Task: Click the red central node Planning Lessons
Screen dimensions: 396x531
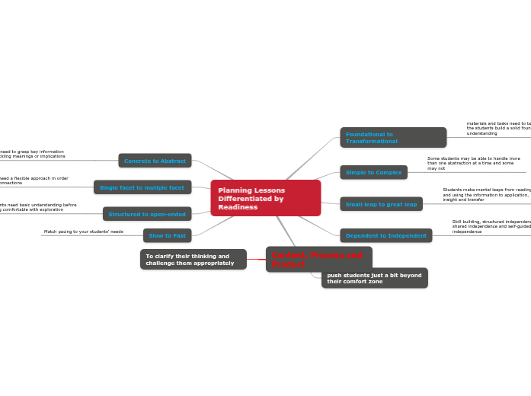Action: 265,198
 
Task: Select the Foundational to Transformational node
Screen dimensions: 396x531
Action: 392,138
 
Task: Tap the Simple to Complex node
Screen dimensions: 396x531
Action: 373,173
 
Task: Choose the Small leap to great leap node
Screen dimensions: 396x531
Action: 381,204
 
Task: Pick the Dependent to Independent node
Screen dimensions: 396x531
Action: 385,236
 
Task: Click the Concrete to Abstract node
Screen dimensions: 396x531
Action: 155,161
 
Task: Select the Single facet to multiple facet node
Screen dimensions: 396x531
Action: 142,187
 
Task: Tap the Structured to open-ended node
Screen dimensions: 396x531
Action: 147,214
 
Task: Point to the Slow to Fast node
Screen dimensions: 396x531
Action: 167,235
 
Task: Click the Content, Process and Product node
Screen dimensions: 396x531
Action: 318,260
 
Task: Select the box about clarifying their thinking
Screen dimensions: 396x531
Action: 193,260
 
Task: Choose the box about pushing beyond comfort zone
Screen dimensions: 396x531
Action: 374,278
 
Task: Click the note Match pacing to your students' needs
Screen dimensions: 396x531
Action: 83,232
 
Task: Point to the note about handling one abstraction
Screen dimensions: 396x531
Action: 474,163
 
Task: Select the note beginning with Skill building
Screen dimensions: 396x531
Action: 491,226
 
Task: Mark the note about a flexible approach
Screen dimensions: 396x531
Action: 34,180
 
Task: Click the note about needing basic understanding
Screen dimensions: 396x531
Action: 38,207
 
